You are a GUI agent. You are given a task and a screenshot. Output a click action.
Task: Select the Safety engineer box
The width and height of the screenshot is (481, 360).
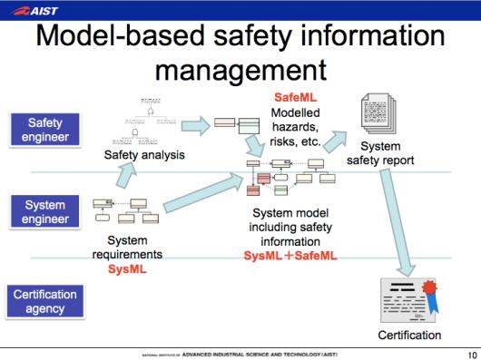[44, 129]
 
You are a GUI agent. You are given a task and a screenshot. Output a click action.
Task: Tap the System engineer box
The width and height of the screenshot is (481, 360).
[44, 212]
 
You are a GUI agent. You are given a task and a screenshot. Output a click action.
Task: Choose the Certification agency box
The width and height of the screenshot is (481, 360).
[44, 301]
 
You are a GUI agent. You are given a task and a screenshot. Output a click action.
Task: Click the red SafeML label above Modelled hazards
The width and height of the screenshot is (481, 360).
[295, 96]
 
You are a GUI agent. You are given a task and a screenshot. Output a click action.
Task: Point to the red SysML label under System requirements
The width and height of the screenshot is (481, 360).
[127, 269]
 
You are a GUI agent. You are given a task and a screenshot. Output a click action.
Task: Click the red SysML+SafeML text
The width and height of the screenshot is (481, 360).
[290, 257]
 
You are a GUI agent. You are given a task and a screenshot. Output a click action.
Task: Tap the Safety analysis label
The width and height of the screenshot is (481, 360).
[144, 155]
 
